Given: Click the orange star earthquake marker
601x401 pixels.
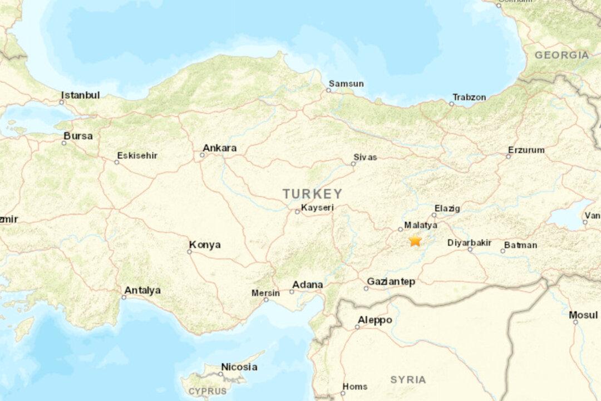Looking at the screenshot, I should click(x=415, y=240).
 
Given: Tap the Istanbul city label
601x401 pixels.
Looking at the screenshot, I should click(x=81, y=95).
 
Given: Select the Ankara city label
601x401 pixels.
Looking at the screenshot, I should click(x=219, y=148).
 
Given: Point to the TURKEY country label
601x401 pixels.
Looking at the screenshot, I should click(x=312, y=194).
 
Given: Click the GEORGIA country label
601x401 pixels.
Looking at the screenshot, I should click(x=561, y=55).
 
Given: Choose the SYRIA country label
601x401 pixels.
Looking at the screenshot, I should click(x=408, y=380).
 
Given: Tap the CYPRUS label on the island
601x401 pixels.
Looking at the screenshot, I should click(x=208, y=391).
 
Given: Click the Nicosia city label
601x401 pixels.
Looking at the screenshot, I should click(x=239, y=367).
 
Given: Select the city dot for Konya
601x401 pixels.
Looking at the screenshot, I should click(x=189, y=252).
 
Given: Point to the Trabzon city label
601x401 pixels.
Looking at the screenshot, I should click(x=469, y=97).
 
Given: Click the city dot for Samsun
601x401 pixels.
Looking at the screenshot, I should click(x=328, y=90).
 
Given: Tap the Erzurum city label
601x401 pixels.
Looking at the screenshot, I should click(x=526, y=150).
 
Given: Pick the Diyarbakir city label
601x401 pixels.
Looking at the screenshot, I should click(x=469, y=243).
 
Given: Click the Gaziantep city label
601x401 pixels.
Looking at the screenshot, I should click(x=391, y=282).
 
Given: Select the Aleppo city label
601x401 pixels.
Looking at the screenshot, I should click(x=375, y=320).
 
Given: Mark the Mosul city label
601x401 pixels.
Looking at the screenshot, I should click(x=583, y=315).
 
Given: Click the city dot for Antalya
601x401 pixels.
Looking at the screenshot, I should click(x=124, y=297).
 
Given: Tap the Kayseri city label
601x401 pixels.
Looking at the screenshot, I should click(x=317, y=208).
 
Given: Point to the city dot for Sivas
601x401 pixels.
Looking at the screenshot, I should click(x=353, y=164).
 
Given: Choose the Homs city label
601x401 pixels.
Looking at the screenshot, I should click(x=354, y=387).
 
